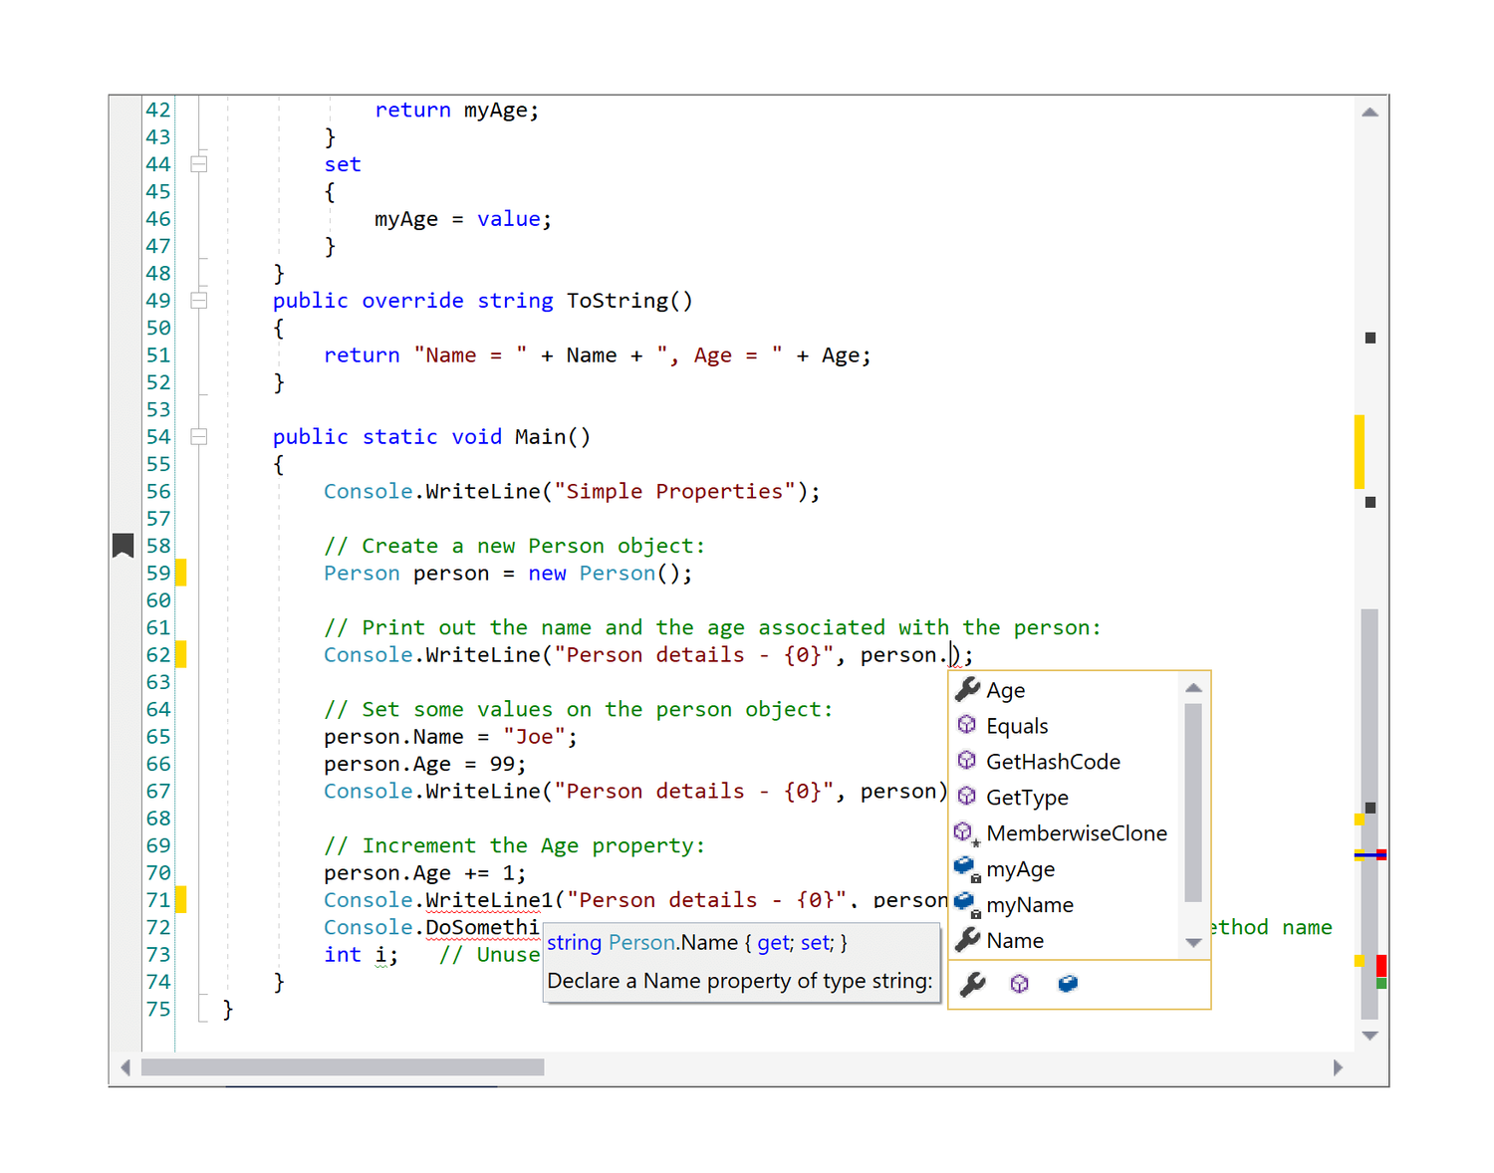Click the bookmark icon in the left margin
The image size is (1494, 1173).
(x=123, y=546)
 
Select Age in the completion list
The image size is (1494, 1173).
(x=1005, y=690)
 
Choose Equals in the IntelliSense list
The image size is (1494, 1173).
(x=1016, y=726)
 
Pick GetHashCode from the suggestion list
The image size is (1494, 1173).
(x=1052, y=762)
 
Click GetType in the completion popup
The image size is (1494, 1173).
(x=1026, y=798)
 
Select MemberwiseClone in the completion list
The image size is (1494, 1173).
(x=1076, y=833)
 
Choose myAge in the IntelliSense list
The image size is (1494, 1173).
(x=1020, y=869)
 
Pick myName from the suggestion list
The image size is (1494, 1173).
(x=1029, y=905)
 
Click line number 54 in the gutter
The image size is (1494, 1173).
(x=158, y=437)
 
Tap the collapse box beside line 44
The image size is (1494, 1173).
(x=199, y=164)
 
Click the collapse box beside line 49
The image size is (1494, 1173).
(x=199, y=301)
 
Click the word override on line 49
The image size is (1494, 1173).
(x=412, y=301)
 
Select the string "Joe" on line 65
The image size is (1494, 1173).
(x=534, y=737)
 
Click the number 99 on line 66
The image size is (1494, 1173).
(x=502, y=764)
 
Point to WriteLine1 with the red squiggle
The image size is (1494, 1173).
(x=488, y=900)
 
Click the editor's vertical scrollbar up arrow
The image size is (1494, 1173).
(x=1369, y=113)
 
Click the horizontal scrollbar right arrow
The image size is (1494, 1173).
(x=1338, y=1067)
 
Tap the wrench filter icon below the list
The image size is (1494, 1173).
(x=972, y=984)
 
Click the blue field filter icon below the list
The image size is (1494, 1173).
(x=1068, y=984)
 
